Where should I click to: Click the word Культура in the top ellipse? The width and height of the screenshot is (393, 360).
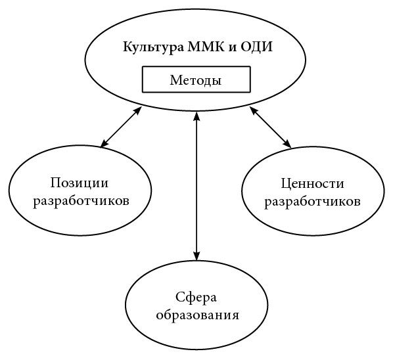pyautogui.click(x=153, y=47)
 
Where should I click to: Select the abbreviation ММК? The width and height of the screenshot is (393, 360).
pyautogui.click(x=206, y=47)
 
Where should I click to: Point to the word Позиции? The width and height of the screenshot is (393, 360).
pyautogui.click(x=80, y=183)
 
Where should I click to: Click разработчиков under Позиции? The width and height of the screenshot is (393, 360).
pyautogui.click(x=81, y=201)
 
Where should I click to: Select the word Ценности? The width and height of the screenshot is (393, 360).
pyautogui.click(x=312, y=184)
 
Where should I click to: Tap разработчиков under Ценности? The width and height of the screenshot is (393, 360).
pyautogui.click(x=313, y=202)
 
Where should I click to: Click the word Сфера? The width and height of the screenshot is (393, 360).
pyautogui.click(x=196, y=298)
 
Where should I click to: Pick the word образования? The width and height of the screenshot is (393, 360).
pyautogui.click(x=198, y=315)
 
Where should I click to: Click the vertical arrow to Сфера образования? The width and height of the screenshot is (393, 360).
pyautogui.click(x=196, y=186)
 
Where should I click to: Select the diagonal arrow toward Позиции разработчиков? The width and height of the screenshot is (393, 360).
pyautogui.click(x=121, y=127)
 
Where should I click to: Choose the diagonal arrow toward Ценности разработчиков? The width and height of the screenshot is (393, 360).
pyautogui.click(x=271, y=127)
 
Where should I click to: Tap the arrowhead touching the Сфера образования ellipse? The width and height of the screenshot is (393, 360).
pyautogui.click(x=196, y=256)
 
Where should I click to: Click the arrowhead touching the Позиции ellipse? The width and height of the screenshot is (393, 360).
pyautogui.click(x=104, y=143)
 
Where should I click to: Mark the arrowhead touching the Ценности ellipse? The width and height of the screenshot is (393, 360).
pyautogui.click(x=287, y=144)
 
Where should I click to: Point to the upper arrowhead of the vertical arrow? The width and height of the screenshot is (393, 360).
pyautogui.click(x=196, y=116)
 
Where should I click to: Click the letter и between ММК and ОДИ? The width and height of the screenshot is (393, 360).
pyautogui.click(x=233, y=47)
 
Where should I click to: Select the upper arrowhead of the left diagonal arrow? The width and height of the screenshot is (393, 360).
pyautogui.click(x=137, y=111)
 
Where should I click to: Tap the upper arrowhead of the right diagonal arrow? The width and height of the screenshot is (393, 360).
pyautogui.click(x=254, y=111)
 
